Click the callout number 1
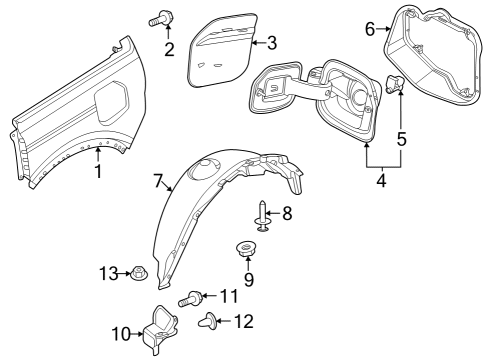click(x=98, y=171)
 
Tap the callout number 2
click(x=169, y=48)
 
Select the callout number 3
click(x=271, y=42)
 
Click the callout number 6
click(x=369, y=31)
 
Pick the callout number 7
click(x=156, y=182)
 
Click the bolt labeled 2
click(x=161, y=17)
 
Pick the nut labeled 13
click(x=136, y=272)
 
